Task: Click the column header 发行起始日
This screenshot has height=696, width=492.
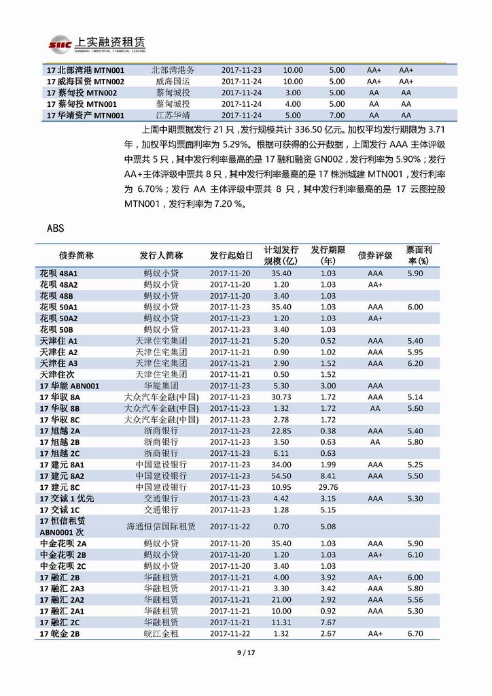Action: coord(231,256)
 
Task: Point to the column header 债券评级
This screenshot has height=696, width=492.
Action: coord(374,256)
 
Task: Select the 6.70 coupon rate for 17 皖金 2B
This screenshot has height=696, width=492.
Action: coord(415,633)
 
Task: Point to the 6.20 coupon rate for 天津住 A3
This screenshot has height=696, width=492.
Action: coord(415,363)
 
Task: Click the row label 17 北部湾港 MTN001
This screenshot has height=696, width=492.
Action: coord(85,70)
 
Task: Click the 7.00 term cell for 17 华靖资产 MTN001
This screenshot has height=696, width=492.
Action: coord(337,115)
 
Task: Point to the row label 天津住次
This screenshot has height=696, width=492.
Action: coord(57,374)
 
